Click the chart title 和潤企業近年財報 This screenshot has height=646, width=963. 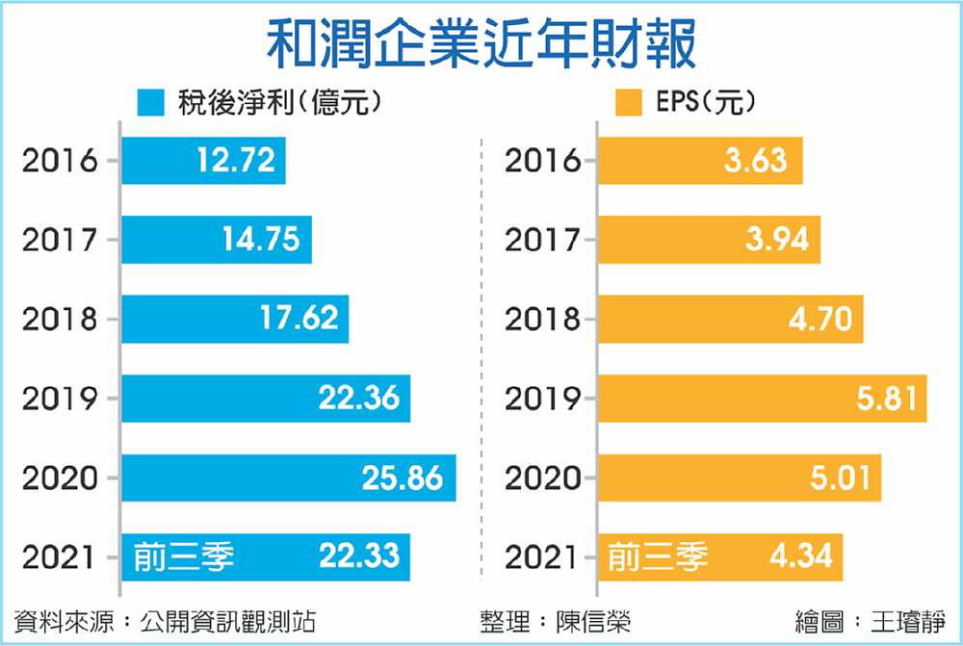coord(481,44)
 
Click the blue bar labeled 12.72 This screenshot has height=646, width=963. coord(203,160)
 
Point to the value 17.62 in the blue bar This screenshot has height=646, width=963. coord(299,319)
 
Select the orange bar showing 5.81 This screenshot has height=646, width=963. coord(762,399)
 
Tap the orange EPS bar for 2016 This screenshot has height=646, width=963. coord(700,160)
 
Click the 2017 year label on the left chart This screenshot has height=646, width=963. coord(61,240)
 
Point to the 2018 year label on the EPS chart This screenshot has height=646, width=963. coord(543,319)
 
